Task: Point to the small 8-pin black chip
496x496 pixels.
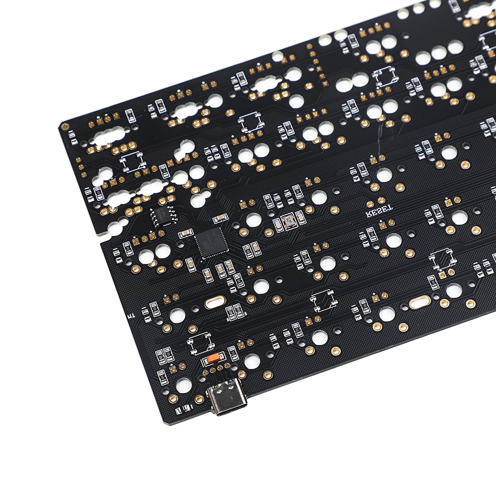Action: pyautogui.click(x=160, y=217)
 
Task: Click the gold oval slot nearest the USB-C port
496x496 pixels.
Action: pyautogui.click(x=214, y=303)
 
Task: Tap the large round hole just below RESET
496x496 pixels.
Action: pyautogui.click(x=393, y=241)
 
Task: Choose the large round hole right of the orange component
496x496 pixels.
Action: pyautogui.click(x=251, y=362)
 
